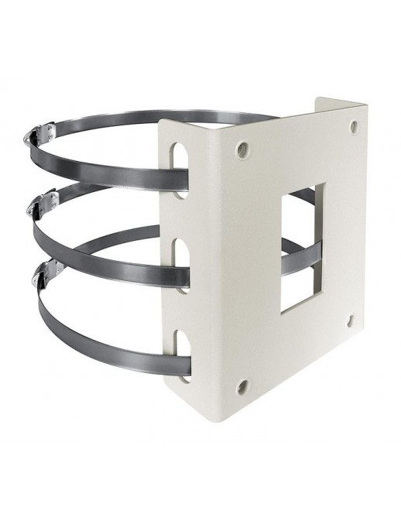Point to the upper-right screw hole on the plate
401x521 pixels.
point(354,126)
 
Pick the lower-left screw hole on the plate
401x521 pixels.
point(242,384)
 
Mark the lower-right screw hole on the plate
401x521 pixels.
point(351,319)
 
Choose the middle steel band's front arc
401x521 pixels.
point(101,241)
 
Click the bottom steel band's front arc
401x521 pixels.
point(101,341)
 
